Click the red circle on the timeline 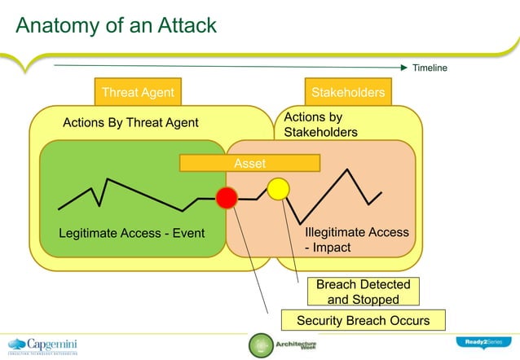tap(227, 198)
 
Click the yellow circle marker tap(279, 189)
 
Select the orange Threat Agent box tap(138, 92)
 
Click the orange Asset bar tap(249, 164)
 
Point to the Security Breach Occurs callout tap(363, 320)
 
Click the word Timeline tap(430, 68)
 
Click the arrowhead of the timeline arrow tap(403, 67)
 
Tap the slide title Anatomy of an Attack tap(117, 25)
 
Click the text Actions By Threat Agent tap(131, 123)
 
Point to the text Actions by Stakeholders tap(320, 124)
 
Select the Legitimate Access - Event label tap(131, 235)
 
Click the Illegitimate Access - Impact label tap(351, 239)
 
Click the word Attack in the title tap(183, 25)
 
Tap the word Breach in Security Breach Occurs tap(365, 320)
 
